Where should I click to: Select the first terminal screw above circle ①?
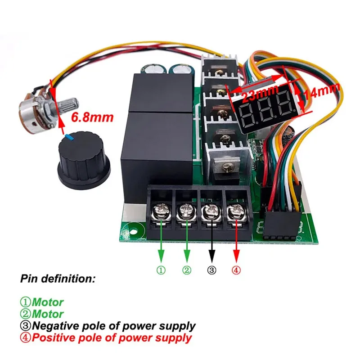pyautogui.click(x=161, y=211)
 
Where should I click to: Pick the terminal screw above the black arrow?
pyautogui.click(x=211, y=211)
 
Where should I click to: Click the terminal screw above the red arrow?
pyautogui.click(x=235, y=211)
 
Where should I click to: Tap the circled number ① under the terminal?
pyautogui.click(x=161, y=270)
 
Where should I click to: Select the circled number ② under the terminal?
pyautogui.click(x=187, y=270)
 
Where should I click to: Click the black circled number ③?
pyautogui.click(x=211, y=270)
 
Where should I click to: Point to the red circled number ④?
pyautogui.click(x=236, y=270)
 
